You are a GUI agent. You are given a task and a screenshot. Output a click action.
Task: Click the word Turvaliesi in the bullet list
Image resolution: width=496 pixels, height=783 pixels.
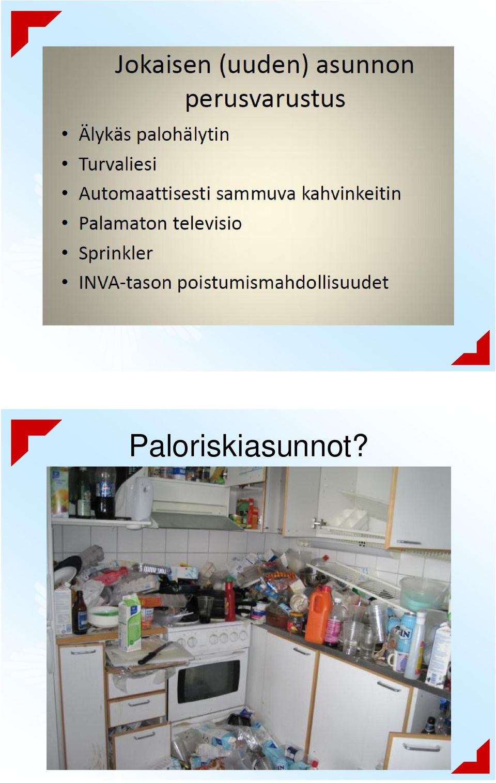pos(117,164)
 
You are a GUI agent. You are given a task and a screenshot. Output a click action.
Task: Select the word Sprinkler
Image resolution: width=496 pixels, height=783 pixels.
pos(116,253)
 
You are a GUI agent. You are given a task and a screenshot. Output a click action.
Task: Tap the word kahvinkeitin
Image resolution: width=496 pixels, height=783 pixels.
pos(351,193)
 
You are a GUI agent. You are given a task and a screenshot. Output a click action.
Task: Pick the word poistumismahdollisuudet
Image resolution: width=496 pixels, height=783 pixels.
pos(283,282)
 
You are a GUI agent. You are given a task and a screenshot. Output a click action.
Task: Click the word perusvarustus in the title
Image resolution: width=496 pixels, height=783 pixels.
pos(265,99)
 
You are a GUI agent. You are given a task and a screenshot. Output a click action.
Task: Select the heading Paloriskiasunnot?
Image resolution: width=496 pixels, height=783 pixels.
pos(249,446)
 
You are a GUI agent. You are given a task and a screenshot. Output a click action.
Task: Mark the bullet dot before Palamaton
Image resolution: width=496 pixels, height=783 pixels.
pos(64,223)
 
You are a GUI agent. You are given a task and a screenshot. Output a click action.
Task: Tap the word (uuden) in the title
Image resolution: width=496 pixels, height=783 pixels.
pos(263,66)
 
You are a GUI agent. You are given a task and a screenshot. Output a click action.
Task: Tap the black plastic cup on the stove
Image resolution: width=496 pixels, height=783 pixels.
pos(205,610)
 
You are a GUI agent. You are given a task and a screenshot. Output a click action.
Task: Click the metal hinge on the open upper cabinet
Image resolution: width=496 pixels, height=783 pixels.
pos(318,523)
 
